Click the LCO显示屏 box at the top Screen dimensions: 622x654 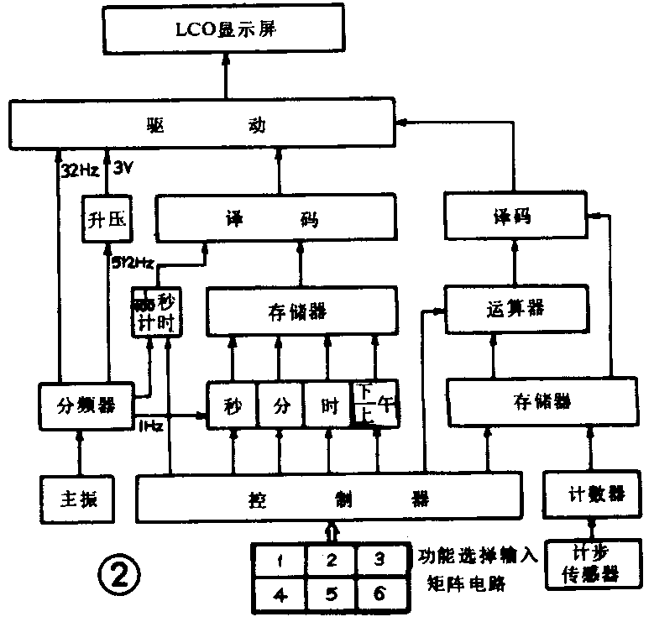coord(225,33)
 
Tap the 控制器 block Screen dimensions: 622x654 coord(327,498)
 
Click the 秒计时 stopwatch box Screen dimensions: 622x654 coord(156,311)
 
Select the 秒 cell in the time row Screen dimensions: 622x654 coord(232,407)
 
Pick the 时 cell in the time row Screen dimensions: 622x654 coord(328,407)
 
